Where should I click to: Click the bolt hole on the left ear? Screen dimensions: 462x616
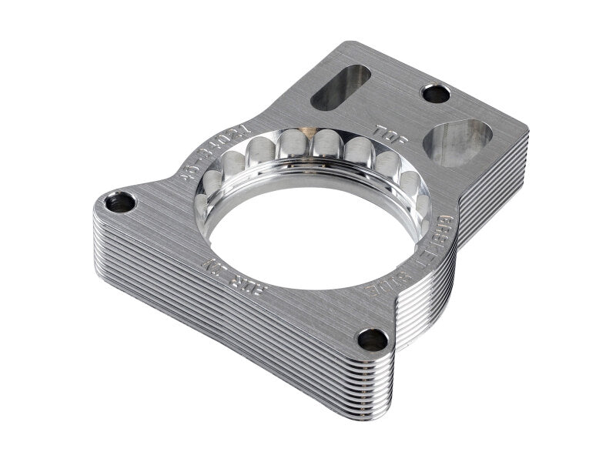click(120, 203)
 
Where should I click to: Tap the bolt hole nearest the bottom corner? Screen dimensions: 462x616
click(373, 339)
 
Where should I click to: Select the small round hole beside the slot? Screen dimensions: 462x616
click(437, 94)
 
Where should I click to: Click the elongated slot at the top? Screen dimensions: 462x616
click(341, 87)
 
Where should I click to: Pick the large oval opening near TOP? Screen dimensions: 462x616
click(458, 143)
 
